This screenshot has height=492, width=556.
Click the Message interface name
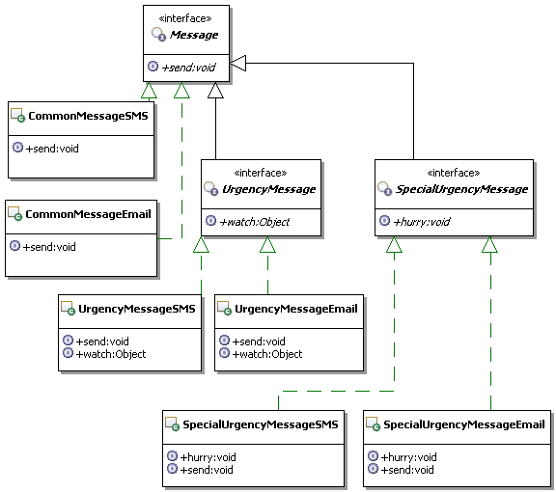pyautogui.click(x=194, y=35)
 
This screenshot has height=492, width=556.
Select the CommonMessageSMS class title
pyautogui.click(x=88, y=116)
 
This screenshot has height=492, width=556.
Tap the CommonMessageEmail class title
pyautogui.click(x=88, y=214)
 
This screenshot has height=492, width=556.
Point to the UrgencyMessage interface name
pyautogui.click(x=268, y=189)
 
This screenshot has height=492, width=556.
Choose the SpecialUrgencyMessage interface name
pyautogui.click(x=461, y=189)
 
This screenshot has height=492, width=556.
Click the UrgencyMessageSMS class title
pyautogui.click(x=137, y=309)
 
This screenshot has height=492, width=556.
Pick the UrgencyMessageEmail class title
pyautogui.click(x=296, y=309)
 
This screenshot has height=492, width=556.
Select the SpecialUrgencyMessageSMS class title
pyautogui.click(x=261, y=424)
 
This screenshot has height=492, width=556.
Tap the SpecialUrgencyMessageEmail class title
pyautogui.click(x=464, y=424)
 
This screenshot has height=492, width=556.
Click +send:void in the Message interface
pyautogui.click(x=188, y=68)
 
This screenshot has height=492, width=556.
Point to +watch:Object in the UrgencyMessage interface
pyautogui.click(x=255, y=222)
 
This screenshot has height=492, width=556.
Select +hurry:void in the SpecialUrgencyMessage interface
pyautogui.click(x=422, y=222)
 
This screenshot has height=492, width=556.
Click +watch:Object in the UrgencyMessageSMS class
pyautogui.click(x=111, y=354)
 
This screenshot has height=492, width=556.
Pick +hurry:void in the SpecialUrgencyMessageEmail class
pyautogui.click(x=409, y=457)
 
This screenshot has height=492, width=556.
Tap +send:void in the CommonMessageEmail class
pyautogui.click(x=49, y=247)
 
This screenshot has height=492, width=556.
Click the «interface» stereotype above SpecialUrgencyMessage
pyautogui.click(x=454, y=173)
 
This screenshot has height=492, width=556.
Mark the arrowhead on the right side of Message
pyautogui.click(x=237, y=64)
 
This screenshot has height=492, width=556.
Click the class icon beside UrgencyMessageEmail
pyautogui.click(x=224, y=309)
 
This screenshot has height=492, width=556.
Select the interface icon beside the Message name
pyautogui.click(x=159, y=35)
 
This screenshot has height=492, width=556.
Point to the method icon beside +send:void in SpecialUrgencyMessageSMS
pyautogui.click(x=173, y=469)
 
